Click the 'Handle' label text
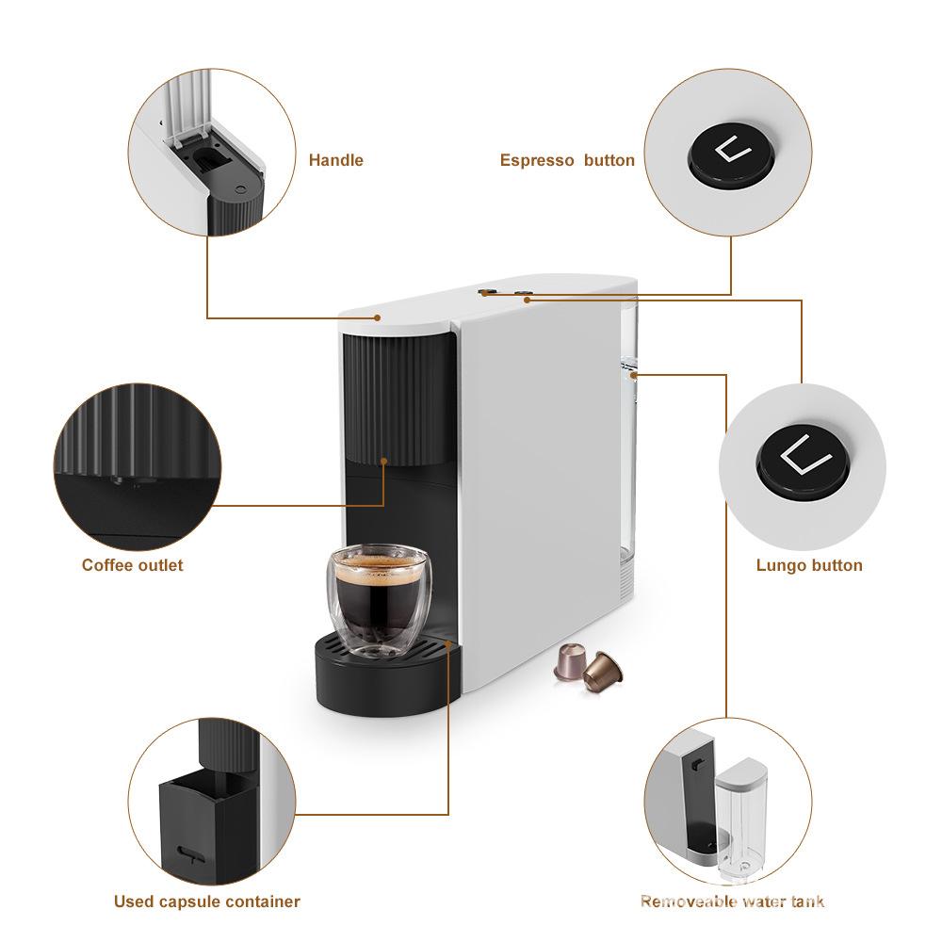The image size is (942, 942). pos(335,160)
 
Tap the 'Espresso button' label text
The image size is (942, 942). pos(567,160)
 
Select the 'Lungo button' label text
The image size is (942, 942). pos(809,565)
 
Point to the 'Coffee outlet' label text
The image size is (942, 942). pos(132,565)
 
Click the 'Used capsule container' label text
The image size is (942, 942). pos(206,901)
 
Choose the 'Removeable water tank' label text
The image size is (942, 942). pos(732,901)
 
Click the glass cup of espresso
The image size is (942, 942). pos(375,603)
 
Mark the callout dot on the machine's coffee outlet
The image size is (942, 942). pos(384,461)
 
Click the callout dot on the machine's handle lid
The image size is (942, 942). pos(377,317)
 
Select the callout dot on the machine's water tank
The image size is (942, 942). pos(636,375)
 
